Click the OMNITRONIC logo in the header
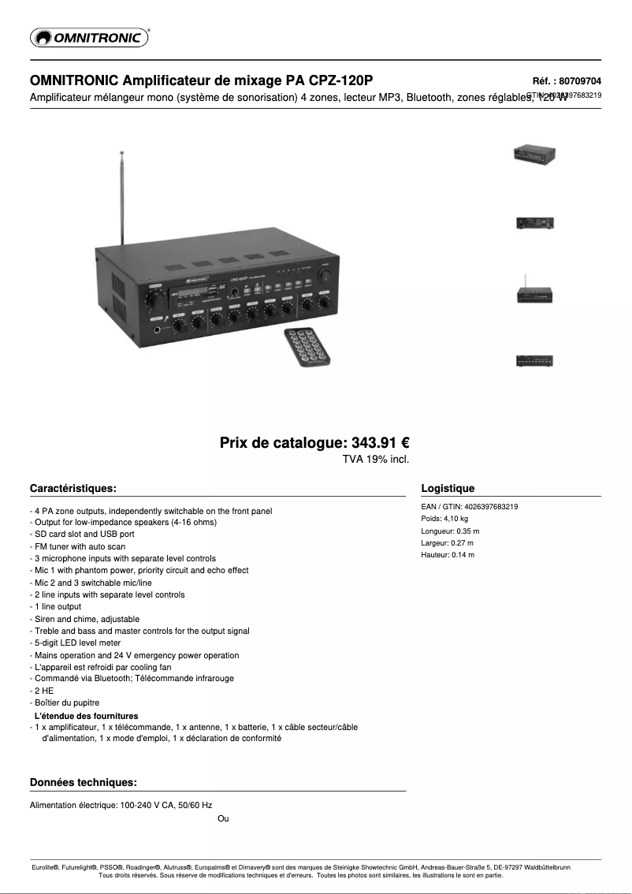point(89,37)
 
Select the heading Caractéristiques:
point(73,488)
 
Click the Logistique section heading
point(448,488)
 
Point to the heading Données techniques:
point(84,782)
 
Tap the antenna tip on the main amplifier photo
point(121,152)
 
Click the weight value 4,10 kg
point(455,519)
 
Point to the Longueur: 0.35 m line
point(450,531)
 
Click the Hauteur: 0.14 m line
point(448,555)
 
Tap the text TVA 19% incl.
point(376,459)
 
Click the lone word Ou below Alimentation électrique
point(223,818)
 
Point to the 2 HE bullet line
point(43,691)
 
